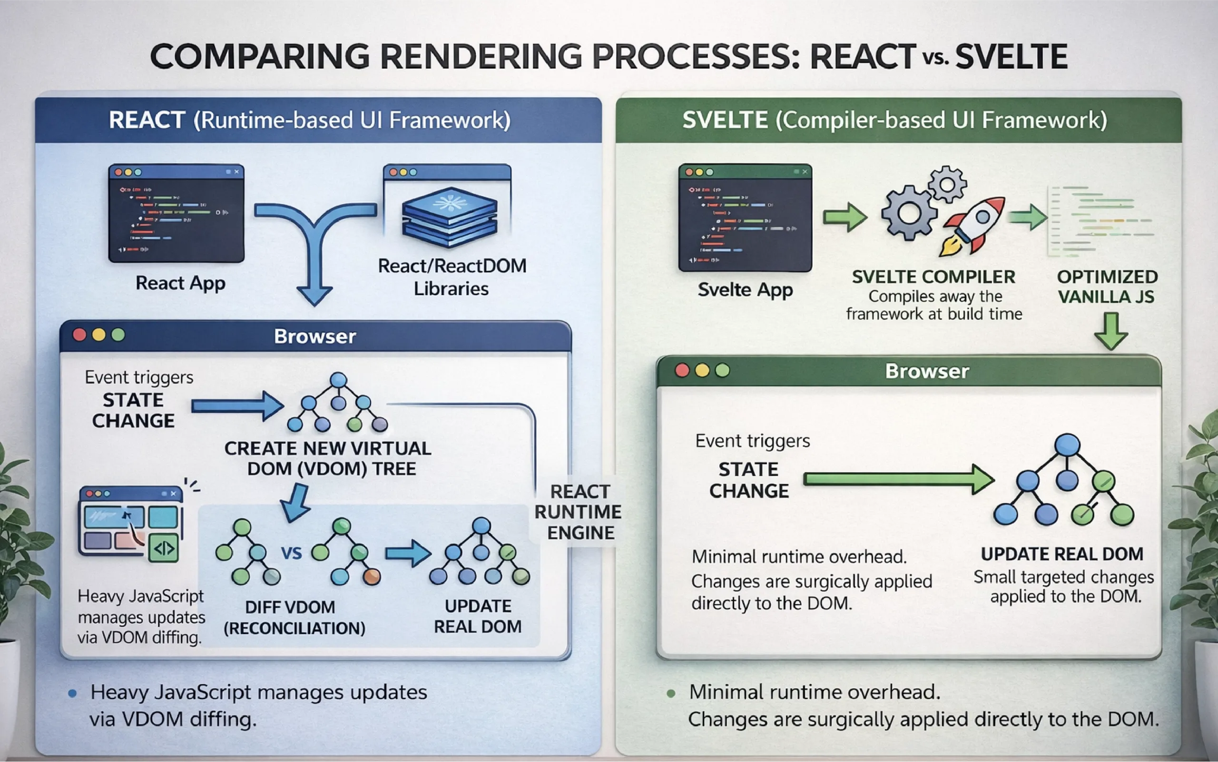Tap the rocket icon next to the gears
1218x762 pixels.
pos(973,224)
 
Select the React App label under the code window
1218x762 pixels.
pos(180,283)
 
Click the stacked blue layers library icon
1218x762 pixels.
pos(449,217)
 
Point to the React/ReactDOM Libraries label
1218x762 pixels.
pos(452,277)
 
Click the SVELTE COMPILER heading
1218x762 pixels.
pos(933,277)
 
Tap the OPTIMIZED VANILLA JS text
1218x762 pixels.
pos(1107,286)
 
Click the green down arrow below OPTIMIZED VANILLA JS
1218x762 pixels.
pos(1110,331)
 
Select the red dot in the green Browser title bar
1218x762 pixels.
pos(682,370)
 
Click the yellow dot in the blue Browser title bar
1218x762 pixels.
pos(99,335)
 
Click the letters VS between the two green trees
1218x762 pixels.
pos(291,554)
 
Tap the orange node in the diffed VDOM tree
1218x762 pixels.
pos(372,576)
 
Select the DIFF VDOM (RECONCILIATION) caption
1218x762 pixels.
pos(294,617)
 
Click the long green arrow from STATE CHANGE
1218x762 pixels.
pos(897,479)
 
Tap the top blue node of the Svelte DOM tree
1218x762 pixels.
pos(1067,445)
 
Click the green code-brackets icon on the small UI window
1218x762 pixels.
pos(164,548)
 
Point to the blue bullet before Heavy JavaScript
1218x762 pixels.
pos(72,694)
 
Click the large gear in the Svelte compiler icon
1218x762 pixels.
pos(909,213)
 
